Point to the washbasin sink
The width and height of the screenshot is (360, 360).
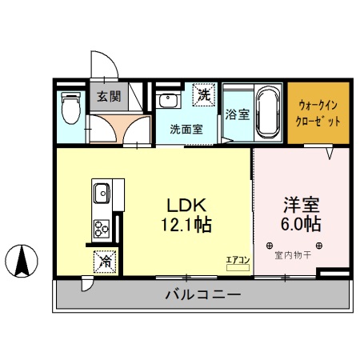pyautogui.click(x=168, y=101)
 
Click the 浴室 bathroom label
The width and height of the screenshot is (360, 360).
pyautogui.click(x=238, y=114)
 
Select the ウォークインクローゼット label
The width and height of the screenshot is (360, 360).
pyautogui.click(x=319, y=113)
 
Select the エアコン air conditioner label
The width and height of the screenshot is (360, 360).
pyautogui.click(x=238, y=258)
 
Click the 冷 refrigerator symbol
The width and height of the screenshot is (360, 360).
pyautogui.click(x=105, y=260)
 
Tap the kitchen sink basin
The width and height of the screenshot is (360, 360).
pyautogui.click(x=102, y=194)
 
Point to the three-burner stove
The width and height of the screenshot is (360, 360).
pyautogui.click(x=102, y=230)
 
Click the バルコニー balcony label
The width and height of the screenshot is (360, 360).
pyautogui.click(x=202, y=295)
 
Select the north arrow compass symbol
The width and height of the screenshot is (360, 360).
pyautogui.click(x=22, y=261)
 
